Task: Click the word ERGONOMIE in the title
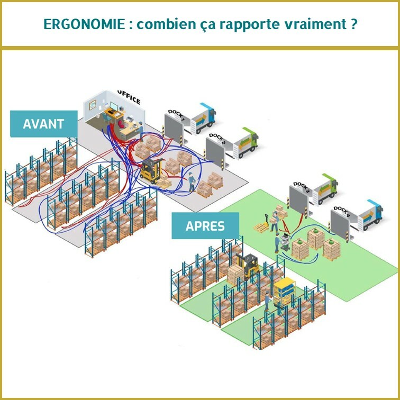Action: point(84,24)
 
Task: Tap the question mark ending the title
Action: point(353,24)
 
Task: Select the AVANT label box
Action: point(43,124)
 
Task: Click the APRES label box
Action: point(205,226)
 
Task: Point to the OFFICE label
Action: point(129,97)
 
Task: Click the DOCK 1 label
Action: point(176,114)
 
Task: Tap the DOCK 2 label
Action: point(217,138)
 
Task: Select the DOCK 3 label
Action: point(301,187)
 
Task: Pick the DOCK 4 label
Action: point(342,212)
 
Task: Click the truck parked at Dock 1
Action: point(203,119)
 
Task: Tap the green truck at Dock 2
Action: point(246,143)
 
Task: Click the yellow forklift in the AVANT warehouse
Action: point(151,170)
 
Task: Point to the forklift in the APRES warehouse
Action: point(247,266)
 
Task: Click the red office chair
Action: point(121,124)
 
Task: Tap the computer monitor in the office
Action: point(114,106)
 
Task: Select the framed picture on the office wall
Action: point(93,105)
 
